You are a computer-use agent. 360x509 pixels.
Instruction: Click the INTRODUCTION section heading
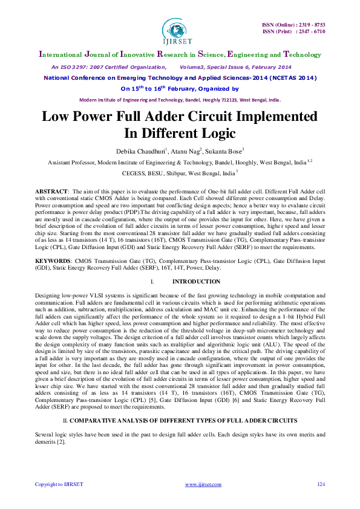tap(196, 282)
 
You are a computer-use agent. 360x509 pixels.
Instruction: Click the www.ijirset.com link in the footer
tap(199, 484)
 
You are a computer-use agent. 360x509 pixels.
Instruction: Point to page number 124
tap(321, 484)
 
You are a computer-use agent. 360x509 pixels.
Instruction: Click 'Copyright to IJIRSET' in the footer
tap(59, 484)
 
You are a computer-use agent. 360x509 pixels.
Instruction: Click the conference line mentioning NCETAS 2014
tap(180, 78)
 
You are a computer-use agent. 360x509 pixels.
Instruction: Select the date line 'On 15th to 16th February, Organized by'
tap(180, 89)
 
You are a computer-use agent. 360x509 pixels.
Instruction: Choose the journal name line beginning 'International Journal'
tap(179, 53)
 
